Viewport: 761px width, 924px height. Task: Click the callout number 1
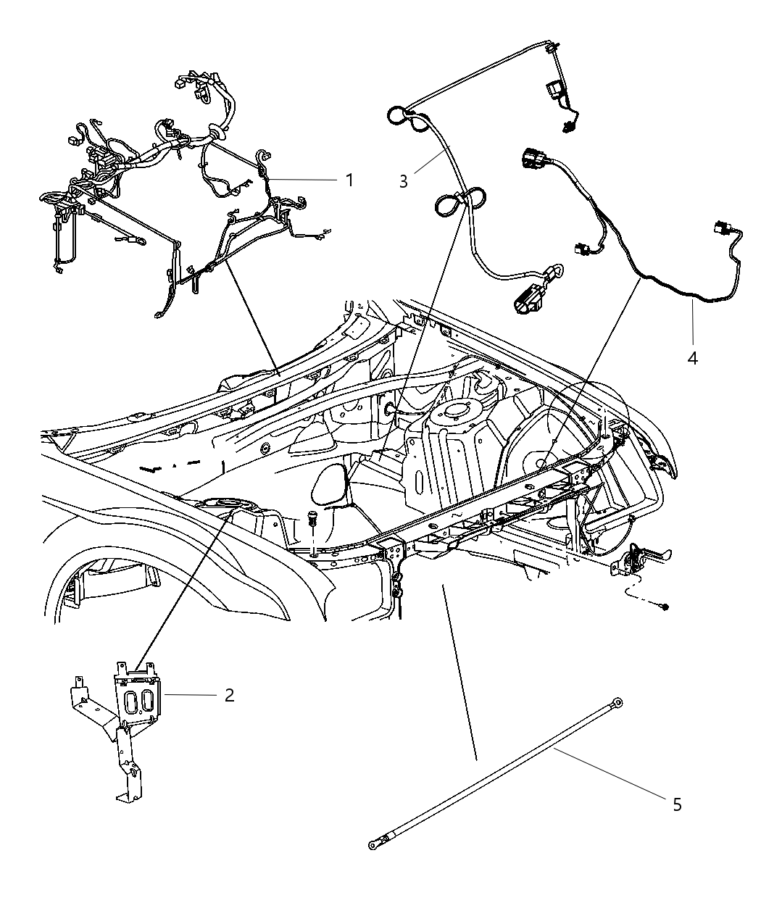pyautogui.click(x=349, y=180)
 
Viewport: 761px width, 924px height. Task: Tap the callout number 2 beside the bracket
pyautogui.click(x=229, y=695)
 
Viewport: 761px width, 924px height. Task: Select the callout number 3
pyautogui.click(x=403, y=180)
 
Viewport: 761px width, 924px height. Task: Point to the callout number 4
pyautogui.click(x=692, y=357)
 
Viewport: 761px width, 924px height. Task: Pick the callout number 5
pyautogui.click(x=677, y=804)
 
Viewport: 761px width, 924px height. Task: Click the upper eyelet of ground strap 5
pyautogui.click(x=617, y=701)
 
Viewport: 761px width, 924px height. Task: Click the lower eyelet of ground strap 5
pyautogui.click(x=373, y=845)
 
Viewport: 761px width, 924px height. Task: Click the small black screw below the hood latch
pyautogui.click(x=665, y=606)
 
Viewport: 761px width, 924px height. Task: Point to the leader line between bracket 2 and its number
pyautogui.click(x=190, y=695)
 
